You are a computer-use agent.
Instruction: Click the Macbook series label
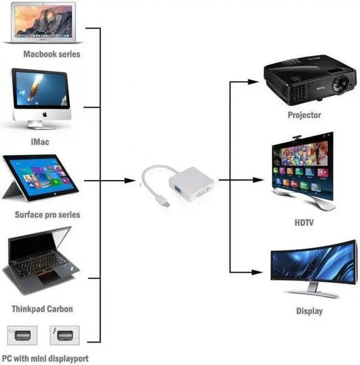pos(52,55)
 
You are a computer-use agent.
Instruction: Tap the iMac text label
pos(39,142)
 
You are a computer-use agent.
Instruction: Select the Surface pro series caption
pos(47,214)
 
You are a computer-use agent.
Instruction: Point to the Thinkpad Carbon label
pos(42,309)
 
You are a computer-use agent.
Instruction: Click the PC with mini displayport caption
pos(45,358)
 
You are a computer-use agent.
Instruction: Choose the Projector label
pos(304,115)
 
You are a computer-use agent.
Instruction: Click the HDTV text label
pos(304,223)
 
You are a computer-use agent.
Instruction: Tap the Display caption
pos(309,311)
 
